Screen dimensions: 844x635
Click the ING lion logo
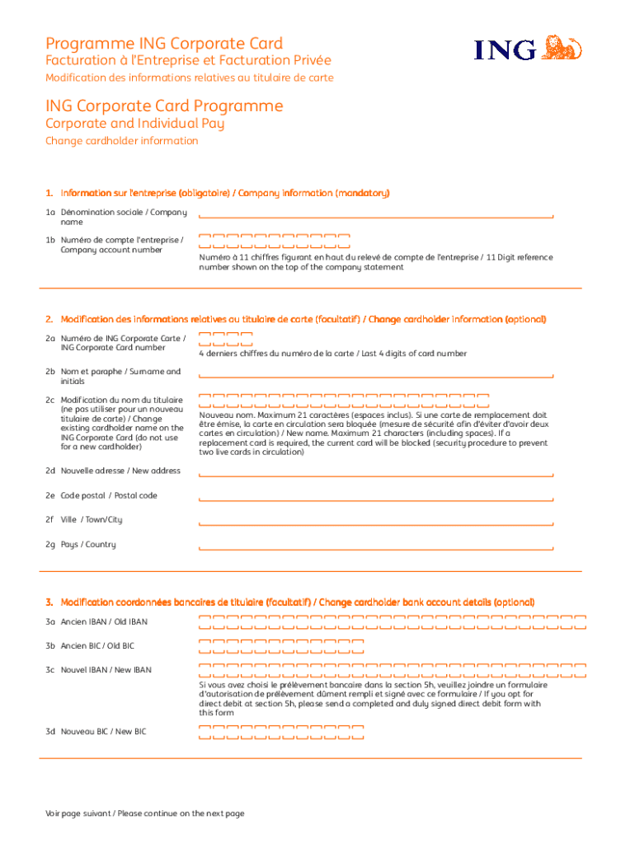click(565, 47)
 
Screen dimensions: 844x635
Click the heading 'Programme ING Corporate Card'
click(164, 44)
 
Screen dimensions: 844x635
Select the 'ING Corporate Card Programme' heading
click(164, 106)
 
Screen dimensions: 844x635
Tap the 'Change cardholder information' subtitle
click(121, 141)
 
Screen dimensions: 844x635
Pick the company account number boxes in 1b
click(275, 241)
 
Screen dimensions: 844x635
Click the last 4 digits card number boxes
click(225, 339)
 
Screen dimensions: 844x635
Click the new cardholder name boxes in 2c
click(344, 401)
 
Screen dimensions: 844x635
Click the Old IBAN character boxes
click(393, 621)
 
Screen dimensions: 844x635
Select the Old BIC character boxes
click(281, 645)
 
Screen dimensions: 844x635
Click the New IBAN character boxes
click(393, 669)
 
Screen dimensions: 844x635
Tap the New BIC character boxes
click(281, 732)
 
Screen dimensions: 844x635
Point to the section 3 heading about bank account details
click(289, 603)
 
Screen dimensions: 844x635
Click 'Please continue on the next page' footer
click(145, 814)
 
